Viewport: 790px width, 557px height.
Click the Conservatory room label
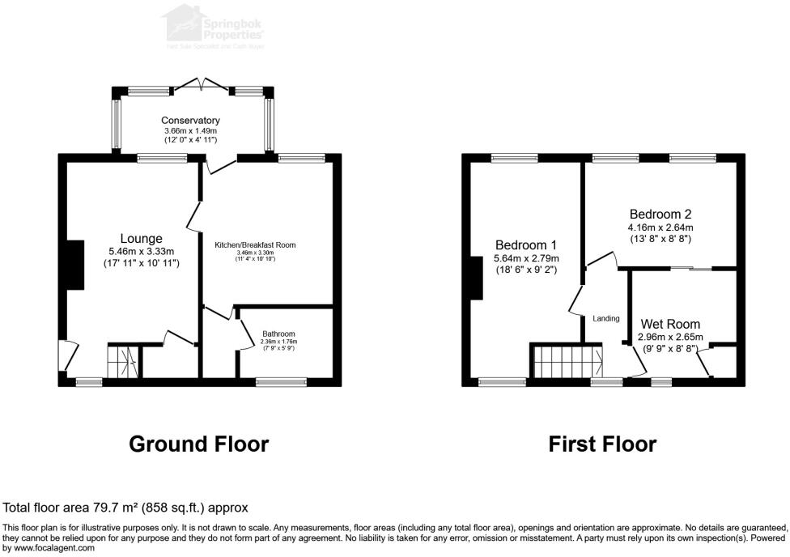(x=190, y=121)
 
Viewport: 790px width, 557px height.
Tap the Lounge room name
(x=142, y=239)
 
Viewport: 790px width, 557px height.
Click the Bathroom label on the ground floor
(x=278, y=334)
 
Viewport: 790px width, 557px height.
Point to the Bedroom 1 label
(x=526, y=245)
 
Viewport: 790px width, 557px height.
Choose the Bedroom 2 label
(x=660, y=215)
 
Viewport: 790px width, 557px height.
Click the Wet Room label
(x=670, y=324)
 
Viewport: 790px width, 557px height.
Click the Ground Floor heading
(x=199, y=444)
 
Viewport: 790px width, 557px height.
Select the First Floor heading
(x=602, y=444)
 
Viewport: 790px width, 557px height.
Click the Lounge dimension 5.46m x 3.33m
(x=142, y=251)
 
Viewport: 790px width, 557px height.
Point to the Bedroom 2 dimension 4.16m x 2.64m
(x=660, y=227)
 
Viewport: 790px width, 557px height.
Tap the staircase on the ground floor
(x=122, y=360)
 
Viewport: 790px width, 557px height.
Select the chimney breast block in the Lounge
(x=74, y=265)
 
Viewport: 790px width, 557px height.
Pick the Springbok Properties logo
(x=214, y=23)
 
